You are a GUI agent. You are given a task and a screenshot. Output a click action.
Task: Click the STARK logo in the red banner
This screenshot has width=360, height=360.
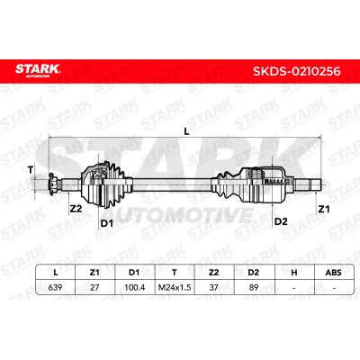click(x=38, y=70)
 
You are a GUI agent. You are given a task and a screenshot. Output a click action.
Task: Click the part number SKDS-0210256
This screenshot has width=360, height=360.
click(x=297, y=71)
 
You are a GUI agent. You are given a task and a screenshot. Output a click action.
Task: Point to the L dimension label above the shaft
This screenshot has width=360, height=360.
click(x=186, y=131)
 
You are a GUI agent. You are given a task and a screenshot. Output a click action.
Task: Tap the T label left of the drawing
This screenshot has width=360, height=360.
click(x=30, y=170)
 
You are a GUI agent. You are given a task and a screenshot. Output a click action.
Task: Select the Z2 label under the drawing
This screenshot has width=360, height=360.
click(x=76, y=208)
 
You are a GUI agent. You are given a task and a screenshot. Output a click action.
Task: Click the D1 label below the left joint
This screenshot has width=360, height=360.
click(x=106, y=223)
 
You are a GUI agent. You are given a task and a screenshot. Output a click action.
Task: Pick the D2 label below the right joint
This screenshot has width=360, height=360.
click(x=281, y=221)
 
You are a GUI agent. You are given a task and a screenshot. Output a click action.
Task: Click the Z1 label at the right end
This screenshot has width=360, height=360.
click(x=324, y=209)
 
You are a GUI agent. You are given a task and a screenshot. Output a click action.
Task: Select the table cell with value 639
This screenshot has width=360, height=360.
click(x=56, y=287)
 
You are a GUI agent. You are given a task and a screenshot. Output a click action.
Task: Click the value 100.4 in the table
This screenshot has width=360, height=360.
click(x=135, y=287)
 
